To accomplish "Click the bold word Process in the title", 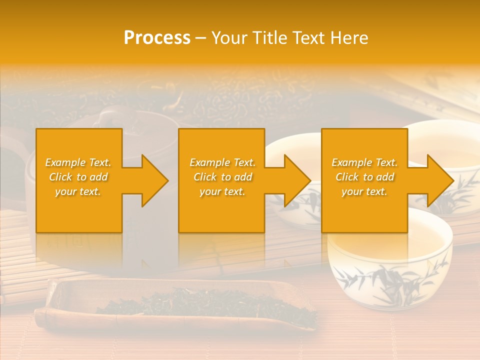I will pyautogui.click(x=157, y=38).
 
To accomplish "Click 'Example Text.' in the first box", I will pyautogui.click(x=78, y=162).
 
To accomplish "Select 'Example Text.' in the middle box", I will pyautogui.click(x=222, y=162).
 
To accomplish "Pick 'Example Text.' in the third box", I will pyautogui.click(x=364, y=162).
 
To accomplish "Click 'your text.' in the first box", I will pyautogui.click(x=78, y=191).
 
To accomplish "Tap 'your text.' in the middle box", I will pyautogui.click(x=222, y=191).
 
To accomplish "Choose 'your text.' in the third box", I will pyautogui.click(x=364, y=191).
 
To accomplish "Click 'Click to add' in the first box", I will pyautogui.click(x=78, y=177).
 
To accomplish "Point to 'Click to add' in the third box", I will pyautogui.click(x=364, y=177).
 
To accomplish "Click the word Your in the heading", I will pyautogui.click(x=229, y=38).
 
